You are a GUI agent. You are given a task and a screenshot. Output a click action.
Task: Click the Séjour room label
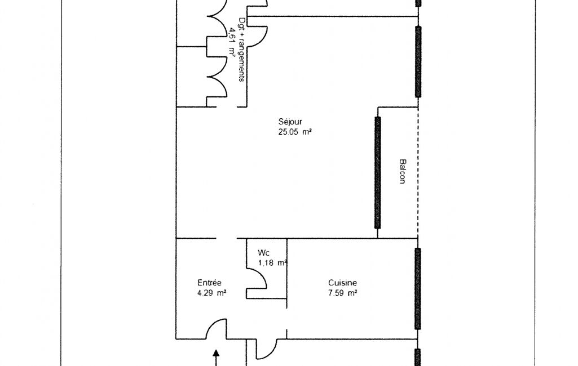click(290, 122)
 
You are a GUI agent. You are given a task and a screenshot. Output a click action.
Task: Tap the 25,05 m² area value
click(295, 132)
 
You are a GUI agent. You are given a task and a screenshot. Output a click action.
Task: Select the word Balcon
click(403, 171)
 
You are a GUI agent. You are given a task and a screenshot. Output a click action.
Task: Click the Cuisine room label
click(342, 283)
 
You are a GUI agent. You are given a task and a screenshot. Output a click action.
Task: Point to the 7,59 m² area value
click(342, 293)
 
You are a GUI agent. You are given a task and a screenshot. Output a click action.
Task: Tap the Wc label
click(263, 253)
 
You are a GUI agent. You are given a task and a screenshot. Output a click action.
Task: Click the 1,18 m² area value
click(272, 263)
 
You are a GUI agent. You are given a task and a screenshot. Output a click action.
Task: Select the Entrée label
click(209, 283)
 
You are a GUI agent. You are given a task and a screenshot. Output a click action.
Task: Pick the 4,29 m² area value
click(211, 293)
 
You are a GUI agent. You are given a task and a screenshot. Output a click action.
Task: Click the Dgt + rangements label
click(242, 50)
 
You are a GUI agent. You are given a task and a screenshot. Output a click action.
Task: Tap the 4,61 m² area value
click(232, 41)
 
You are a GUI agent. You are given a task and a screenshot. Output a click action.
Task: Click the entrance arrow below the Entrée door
click(217, 358)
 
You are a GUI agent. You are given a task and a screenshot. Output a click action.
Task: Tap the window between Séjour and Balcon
click(377, 173)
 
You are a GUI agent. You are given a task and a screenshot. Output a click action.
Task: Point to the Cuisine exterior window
click(418, 289)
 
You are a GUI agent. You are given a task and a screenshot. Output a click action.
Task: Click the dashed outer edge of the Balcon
click(418, 173)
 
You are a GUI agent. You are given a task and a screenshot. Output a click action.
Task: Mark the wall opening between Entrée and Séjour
click(226, 238)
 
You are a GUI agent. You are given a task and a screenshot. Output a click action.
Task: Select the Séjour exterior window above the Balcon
click(418, 61)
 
